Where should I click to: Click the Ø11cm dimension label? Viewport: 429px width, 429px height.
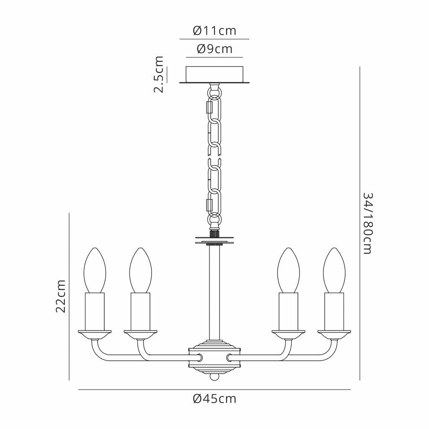coord(214,31)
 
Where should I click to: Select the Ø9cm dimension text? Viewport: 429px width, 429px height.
coord(214,49)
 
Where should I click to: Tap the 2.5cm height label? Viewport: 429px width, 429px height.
coord(159,75)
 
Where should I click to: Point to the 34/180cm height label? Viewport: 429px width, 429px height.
coord(368,223)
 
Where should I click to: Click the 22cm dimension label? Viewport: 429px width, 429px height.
coord(61,296)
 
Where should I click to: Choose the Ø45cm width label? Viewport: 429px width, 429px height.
coord(214,399)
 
